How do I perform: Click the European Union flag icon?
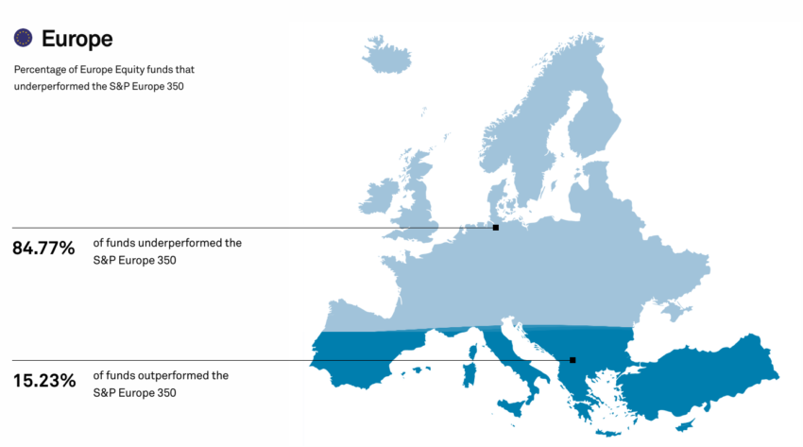click(24, 38)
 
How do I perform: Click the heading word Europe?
click(77, 39)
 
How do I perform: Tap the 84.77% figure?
click(43, 249)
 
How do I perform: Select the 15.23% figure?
click(43, 382)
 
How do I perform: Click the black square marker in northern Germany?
click(496, 228)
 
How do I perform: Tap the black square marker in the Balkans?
click(572, 360)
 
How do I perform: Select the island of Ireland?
click(380, 197)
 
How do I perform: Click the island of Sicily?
click(514, 407)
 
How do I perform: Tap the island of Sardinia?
click(470, 370)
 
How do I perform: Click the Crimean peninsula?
click(674, 309)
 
